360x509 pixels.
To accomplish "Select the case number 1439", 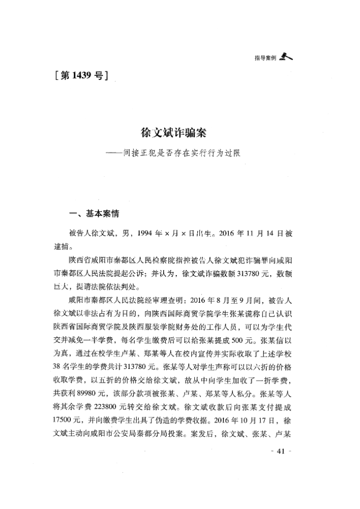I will [81, 76].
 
